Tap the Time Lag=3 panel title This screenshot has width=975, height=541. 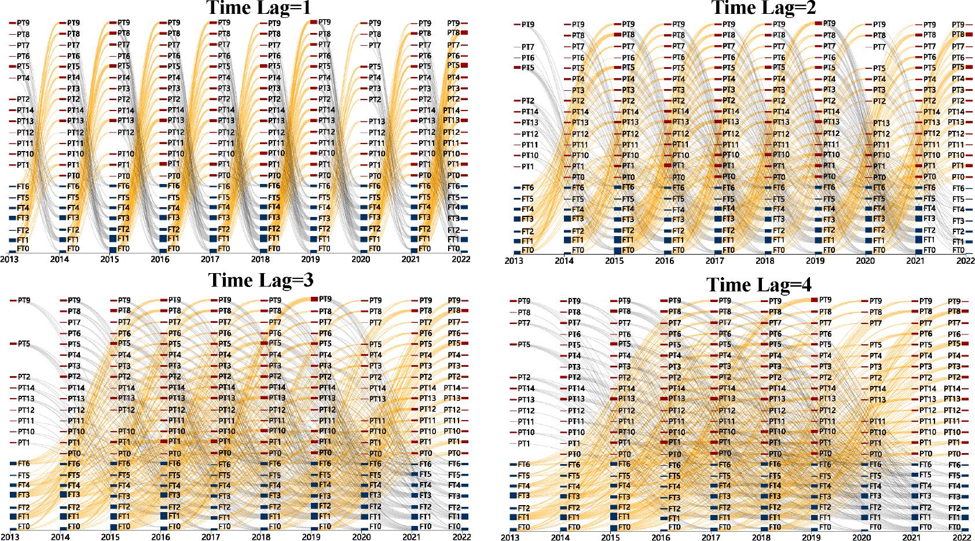(x=261, y=280)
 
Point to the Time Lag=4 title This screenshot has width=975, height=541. (x=759, y=285)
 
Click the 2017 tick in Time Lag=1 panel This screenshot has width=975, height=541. (x=210, y=260)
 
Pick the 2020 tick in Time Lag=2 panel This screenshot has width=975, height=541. (x=865, y=261)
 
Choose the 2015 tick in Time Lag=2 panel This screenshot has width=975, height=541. (x=614, y=261)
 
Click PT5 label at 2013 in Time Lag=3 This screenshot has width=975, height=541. (x=24, y=344)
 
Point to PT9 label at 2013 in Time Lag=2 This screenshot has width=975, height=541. (x=528, y=25)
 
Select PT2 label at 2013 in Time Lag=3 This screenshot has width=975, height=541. (x=24, y=377)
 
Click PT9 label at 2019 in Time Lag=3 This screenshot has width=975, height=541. (x=325, y=299)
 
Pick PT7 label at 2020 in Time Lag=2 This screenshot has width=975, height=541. (x=879, y=47)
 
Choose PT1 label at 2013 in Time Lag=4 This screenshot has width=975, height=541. (x=524, y=444)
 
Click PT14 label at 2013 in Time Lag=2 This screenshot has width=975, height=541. (x=530, y=112)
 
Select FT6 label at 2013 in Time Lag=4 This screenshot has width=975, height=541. (x=524, y=465)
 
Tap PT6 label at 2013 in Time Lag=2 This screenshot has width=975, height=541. (x=528, y=58)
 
